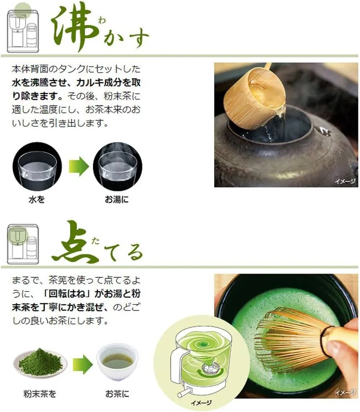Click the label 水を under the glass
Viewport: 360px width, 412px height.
(x=37, y=199)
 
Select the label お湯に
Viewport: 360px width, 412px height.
(x=117, y=199)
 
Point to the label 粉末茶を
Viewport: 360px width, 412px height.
(x=40, y=394)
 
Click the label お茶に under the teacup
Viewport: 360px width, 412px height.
(x=117, y=394)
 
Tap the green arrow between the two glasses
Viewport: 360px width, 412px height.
(x=79, y=167)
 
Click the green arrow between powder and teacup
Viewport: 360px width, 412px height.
(x=83, y=364)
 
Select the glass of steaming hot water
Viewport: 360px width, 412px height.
(x=117, y=167)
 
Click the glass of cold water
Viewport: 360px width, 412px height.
(x=37, y=167)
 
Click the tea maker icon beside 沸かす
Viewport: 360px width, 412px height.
(x=23, y=31)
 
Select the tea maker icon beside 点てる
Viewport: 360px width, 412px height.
(x=23, y=244)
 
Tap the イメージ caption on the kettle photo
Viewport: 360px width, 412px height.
(x=345, y=181)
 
